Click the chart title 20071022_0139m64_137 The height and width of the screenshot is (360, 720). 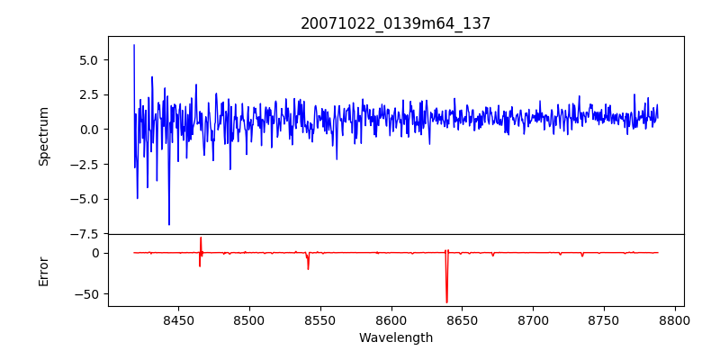click(396, 24)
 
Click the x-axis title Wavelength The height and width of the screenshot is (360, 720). click(396, 338)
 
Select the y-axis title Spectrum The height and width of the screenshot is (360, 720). click(43, 136)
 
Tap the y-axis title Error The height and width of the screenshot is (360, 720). click(43, 270)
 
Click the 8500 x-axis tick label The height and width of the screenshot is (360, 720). click(249, 320)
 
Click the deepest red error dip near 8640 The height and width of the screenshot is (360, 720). click(446, 301)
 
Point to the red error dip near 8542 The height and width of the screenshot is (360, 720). click(308, 268)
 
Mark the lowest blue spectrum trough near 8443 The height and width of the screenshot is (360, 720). click(168, 224)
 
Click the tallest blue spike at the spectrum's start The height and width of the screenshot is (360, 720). click(134, 46)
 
